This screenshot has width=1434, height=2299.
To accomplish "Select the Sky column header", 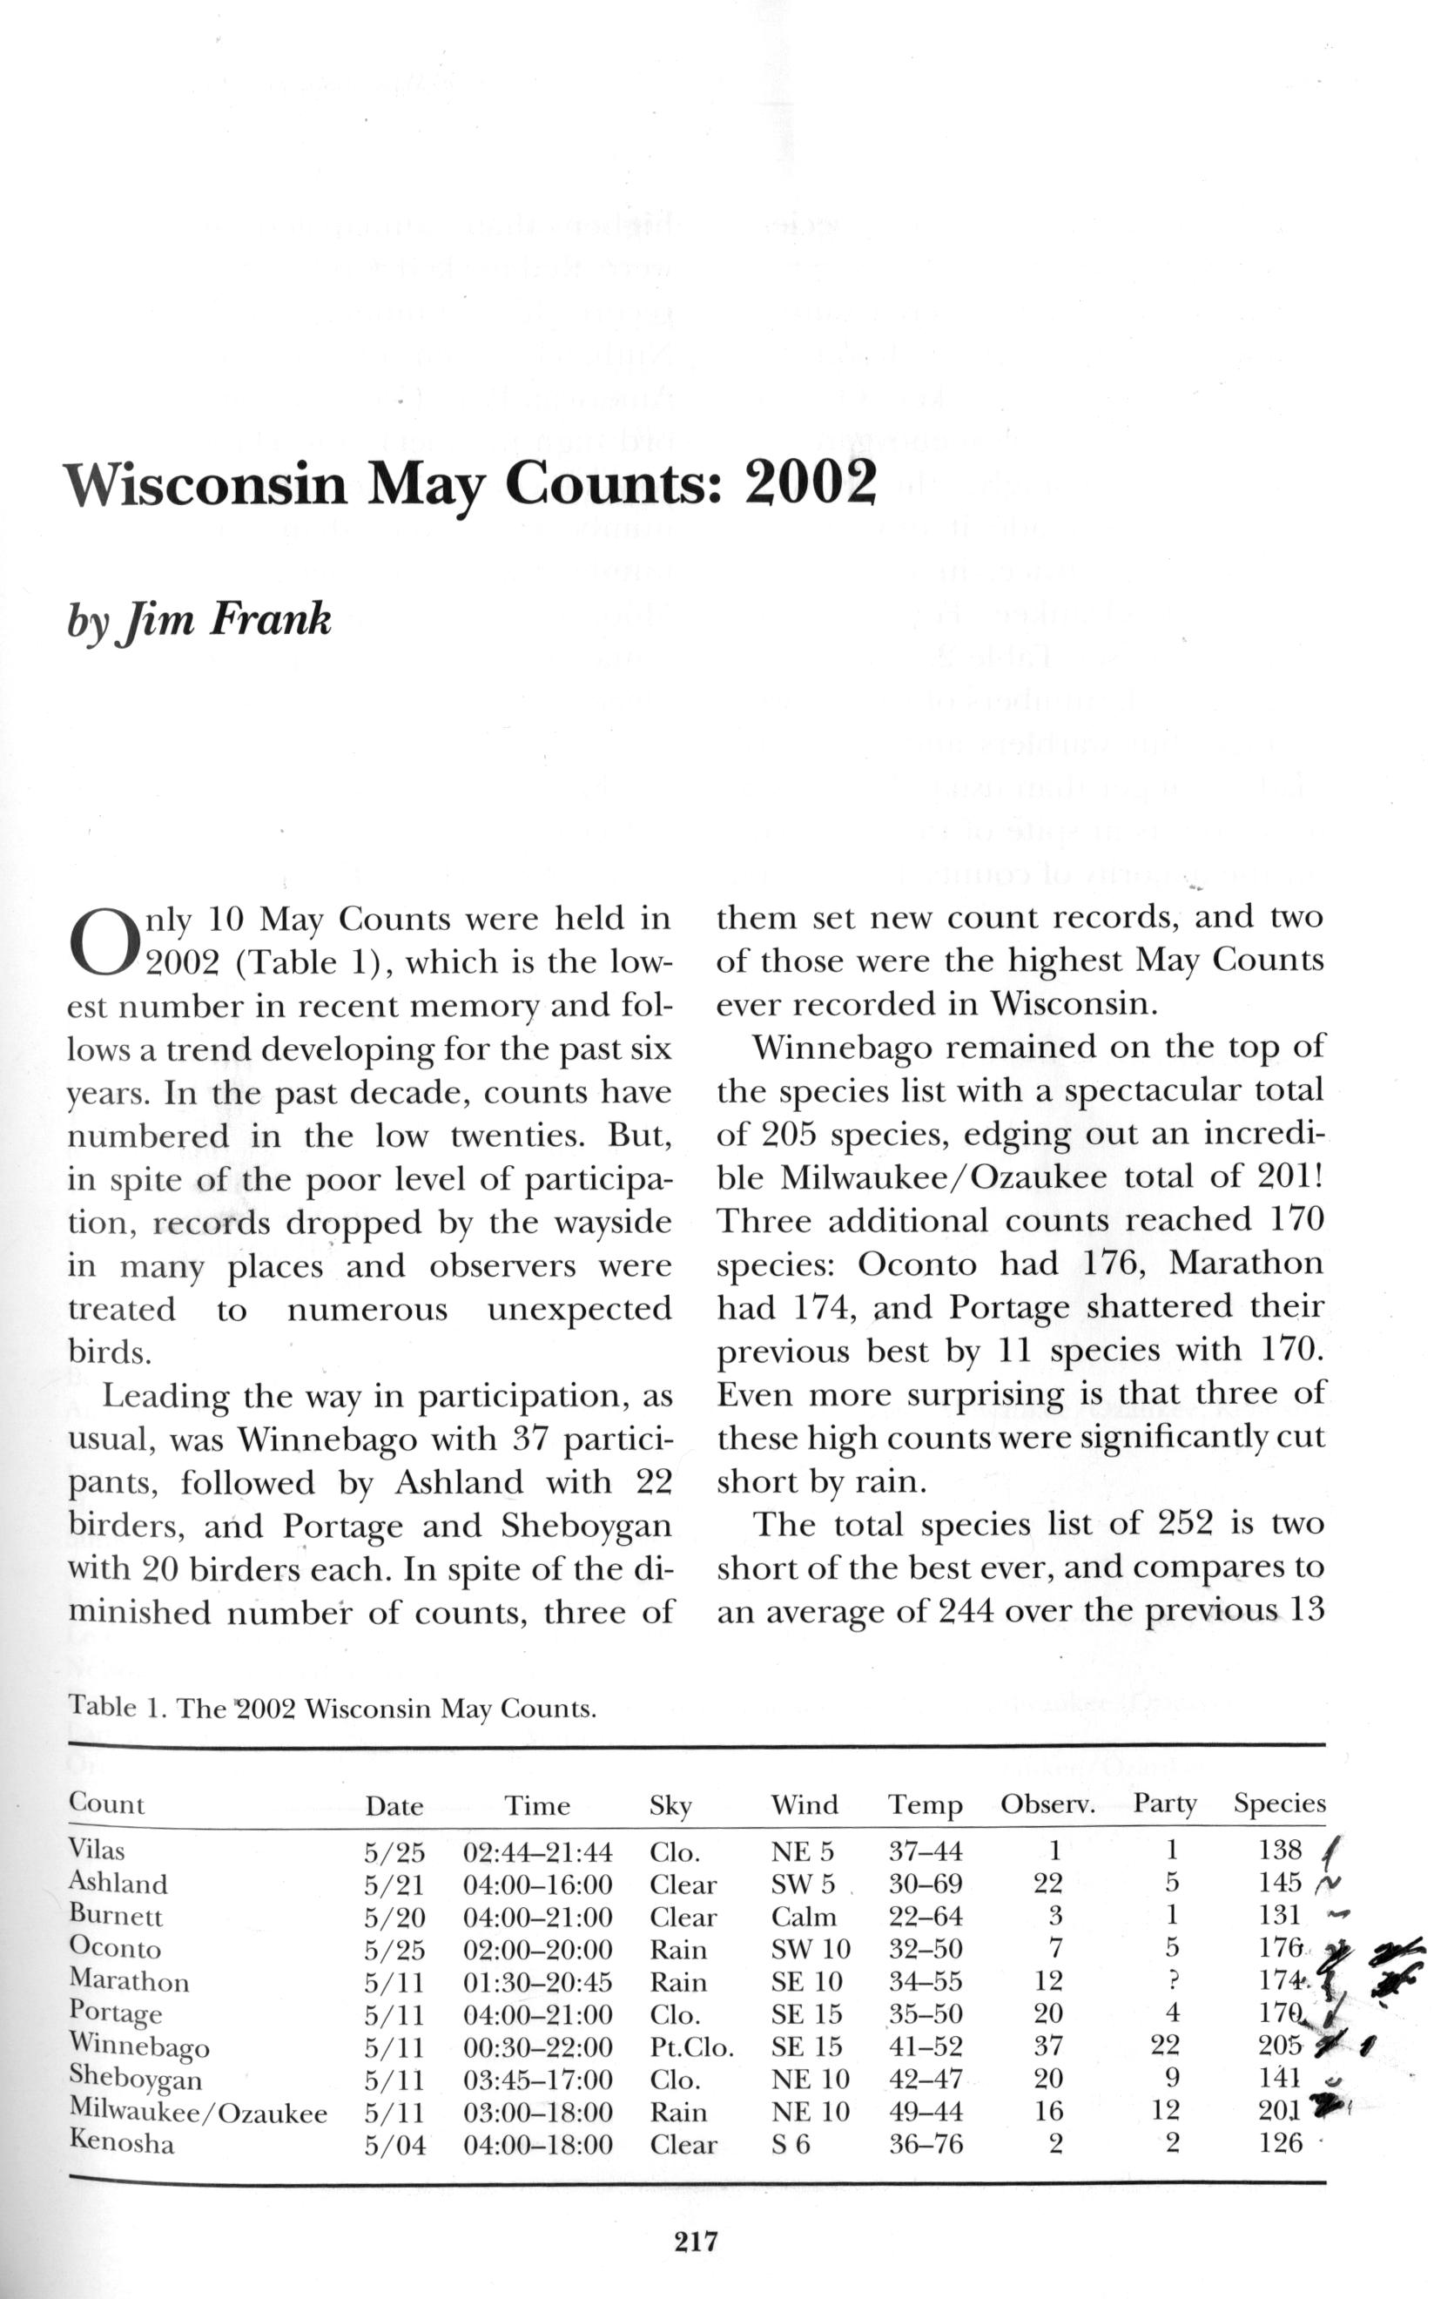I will [x=670, y=1806].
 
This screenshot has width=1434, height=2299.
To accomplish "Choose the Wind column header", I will [x=805, y=1805].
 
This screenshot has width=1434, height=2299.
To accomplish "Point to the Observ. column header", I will [x=1047, y=1805].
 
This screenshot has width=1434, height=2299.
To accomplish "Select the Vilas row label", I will [x=97, y=1850].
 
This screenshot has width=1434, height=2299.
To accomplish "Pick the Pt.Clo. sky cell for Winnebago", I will [x=692, y=2046].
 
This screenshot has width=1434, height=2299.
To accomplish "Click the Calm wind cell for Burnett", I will [x=804, y=1916].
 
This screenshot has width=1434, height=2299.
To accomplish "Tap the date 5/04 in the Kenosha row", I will [x=394, y=2144].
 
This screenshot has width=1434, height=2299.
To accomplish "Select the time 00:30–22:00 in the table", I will [x=538, y=2046].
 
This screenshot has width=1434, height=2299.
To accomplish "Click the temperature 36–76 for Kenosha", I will [x=925, y=2143].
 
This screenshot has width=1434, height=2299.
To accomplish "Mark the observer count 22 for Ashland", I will [x=1048, y=1883].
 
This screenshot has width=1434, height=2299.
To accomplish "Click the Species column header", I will [x=1278, y=1803].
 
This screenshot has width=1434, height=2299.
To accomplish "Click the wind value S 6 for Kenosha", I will [x=790, y=2143].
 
